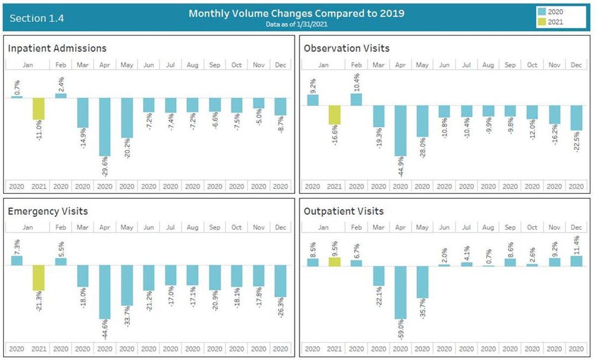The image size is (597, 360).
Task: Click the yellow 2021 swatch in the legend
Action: pyautogui.click(x=542, y=21)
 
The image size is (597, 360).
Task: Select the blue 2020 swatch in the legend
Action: pyautogui.click(x=542, y=11)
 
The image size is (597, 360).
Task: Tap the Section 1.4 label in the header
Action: pyautogui.click(x=37, y=18)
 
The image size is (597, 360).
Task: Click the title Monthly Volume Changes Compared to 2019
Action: pyautogui.click(x=297, y=13)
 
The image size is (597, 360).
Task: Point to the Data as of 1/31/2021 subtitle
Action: pyautogui.click(x=297, y=24)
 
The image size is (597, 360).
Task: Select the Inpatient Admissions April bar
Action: pyautogui.click(x=105, y=127)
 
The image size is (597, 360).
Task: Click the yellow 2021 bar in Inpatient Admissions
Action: pyautogui.click(x=39, y=109)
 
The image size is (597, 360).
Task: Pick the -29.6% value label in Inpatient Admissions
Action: pyautogui.click(x=105, y=167)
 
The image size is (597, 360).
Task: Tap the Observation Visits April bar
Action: pyautogui.click(x=400, y=131)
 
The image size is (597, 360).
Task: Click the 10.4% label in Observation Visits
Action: pyautogui.click(x=357, y=83)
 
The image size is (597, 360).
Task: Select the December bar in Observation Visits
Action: pyautogui.click(x=576, y=118)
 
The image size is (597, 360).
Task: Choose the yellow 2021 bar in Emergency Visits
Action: pyautogui.click(x=39, y=277)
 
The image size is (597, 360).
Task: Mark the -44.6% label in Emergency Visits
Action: pyautogui.click(x=105, y=330)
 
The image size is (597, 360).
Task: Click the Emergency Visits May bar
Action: pyautogui.click(x=127, y=285)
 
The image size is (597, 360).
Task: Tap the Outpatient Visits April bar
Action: pyautogui.click(x=400, y=292)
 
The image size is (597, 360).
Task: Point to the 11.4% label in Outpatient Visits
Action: pyautogui.click(x=577, y=245)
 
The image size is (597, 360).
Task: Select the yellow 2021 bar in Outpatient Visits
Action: pyautogui.click(x=334, y=262)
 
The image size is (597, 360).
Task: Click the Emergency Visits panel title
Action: pyautogui.click(x=48, y=211)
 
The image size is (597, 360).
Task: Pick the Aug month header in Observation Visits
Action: pyautogui.click(x=488, y=65)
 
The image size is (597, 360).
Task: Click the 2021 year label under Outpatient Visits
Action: pyautogui.click(x=334, y=349)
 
